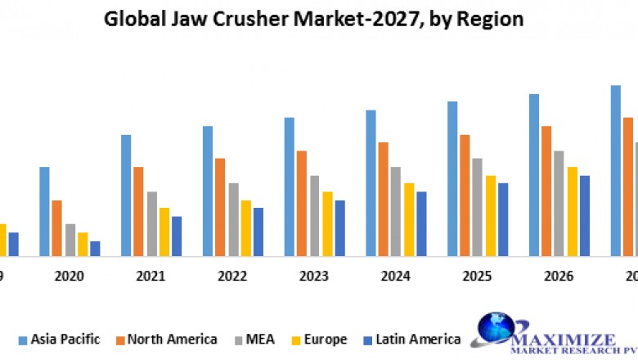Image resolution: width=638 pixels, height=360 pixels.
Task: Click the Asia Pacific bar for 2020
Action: click(x=44, y=211)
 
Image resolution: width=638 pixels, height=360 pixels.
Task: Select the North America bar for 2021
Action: click(x=138, y=211)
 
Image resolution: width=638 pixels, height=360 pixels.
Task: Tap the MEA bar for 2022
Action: click(x=233, y=219)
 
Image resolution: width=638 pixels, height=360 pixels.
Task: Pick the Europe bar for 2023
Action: click(x=327, y=223)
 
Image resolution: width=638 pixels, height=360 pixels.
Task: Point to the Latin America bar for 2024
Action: click(x=421, y=223)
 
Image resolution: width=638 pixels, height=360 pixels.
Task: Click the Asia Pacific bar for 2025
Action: click(x=452, y=178)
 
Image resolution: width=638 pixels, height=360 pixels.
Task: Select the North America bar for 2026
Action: click(x=546, y=191)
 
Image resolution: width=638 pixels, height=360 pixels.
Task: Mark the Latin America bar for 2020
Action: click(x=95, y=248)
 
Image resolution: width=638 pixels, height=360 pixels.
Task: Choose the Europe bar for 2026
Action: click(x=572, y=211)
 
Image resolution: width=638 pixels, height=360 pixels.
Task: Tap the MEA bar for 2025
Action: click(x=478, y=207)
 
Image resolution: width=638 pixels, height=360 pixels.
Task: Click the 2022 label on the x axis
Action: click(x=232, y=277)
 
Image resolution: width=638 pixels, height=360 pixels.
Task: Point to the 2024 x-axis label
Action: click(x=396, y=277)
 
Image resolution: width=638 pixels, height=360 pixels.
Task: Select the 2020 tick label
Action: click(x=70, y=277)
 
